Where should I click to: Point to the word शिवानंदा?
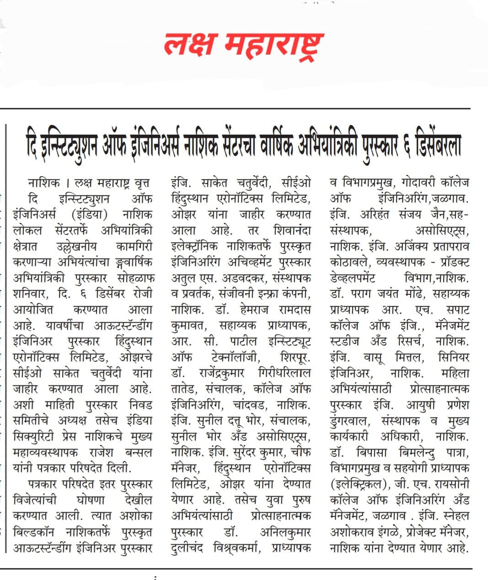tap(291, 231)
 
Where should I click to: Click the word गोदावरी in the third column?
tap(418, 183)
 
